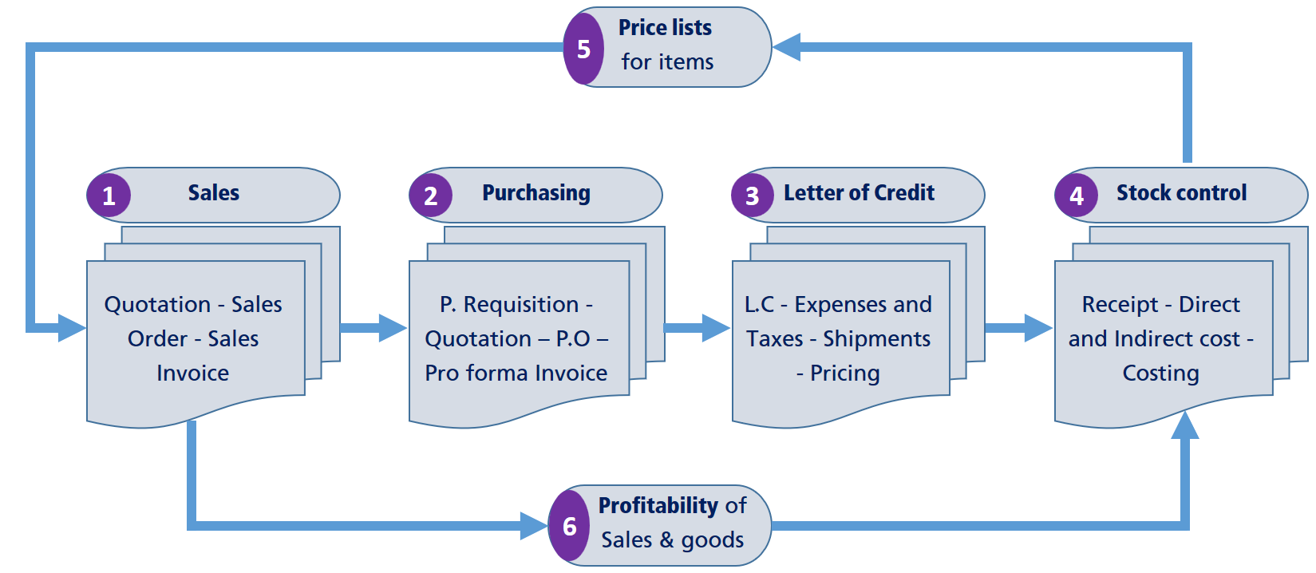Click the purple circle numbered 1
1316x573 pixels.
(109, 196)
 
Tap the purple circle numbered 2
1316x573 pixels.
(431, 196)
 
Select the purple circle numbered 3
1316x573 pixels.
(753, 196)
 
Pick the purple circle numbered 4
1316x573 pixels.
(1076, 196)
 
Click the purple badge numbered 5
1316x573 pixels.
(583, 49)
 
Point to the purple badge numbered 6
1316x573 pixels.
(569, 526)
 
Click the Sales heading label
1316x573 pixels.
(213, 193)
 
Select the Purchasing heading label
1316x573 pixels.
(536, 193)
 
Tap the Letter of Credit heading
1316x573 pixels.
(859, 193)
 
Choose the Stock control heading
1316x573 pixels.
(1181, 193)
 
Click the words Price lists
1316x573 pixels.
(665, 28)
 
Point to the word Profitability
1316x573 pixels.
(658, 506)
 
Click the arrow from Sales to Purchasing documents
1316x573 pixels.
(373, 327)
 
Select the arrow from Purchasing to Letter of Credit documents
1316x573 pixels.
(696, 327)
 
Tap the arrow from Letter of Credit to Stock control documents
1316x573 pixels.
(1018, 327)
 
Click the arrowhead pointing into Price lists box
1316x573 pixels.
(787, 47)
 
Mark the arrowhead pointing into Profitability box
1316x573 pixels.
(533, 526)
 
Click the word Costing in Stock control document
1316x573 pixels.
(1160, 373)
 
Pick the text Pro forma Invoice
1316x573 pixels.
(516, 373)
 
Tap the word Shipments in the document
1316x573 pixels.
(876, 338)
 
